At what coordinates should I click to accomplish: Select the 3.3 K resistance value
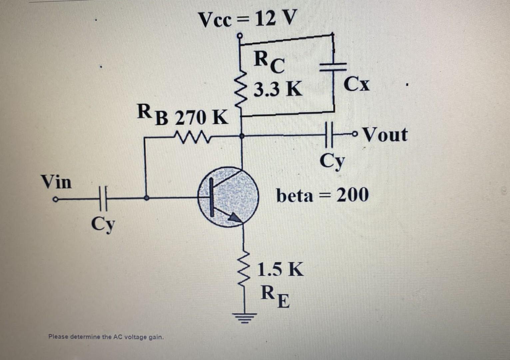(x=278, y=89)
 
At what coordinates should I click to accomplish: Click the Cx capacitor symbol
(x=333, y=67)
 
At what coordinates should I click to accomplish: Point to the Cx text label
(x=357, y=84)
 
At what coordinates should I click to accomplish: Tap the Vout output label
(x=385, y=135)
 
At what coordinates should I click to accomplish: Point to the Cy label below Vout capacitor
(x=332, y=162)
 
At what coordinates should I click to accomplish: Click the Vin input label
(x=56, y=182)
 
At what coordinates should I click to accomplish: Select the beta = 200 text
(x=322, y=195)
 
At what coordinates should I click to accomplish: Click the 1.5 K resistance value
(x=280, y=269)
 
